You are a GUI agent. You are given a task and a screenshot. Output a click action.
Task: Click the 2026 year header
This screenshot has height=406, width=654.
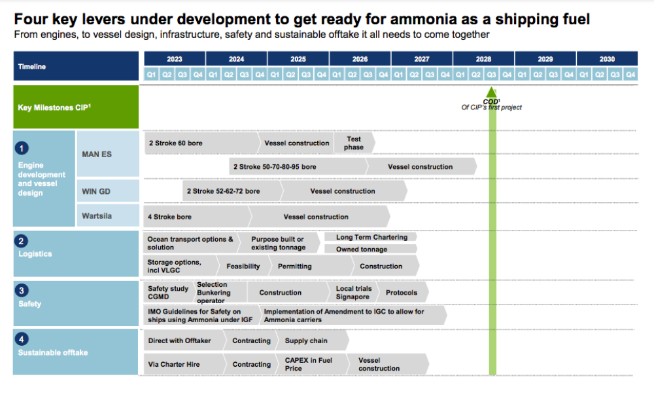tap(360, 59)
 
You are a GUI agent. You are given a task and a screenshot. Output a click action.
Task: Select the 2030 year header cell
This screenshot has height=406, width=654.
tap(607, 59)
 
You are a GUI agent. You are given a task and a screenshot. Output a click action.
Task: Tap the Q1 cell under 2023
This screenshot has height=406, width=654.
tap(152, 75)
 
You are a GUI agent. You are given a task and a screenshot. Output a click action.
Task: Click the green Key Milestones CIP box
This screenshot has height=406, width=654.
tap(76, 107)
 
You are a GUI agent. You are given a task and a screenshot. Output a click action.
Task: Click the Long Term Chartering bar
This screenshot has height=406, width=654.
tap(371, 237)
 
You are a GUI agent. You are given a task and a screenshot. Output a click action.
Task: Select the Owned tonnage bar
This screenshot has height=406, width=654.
tap(371, 249)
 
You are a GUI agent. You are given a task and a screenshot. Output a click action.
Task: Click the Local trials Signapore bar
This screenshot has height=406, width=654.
tap(354, 293)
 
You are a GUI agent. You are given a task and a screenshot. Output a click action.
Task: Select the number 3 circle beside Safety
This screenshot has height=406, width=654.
tap(22, 290)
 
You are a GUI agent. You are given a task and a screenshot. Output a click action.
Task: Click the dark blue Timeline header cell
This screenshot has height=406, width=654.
tap(76, 66)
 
